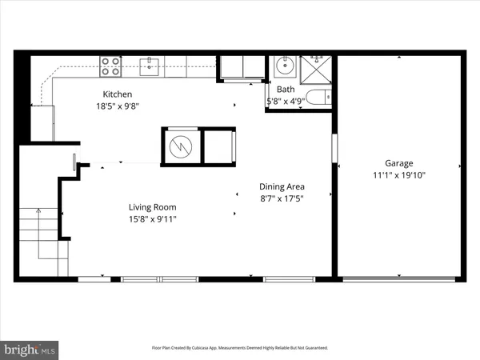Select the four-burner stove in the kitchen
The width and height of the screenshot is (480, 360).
[110, 67]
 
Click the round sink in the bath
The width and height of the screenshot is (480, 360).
[283, 66]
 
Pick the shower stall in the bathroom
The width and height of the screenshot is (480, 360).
[315, 67]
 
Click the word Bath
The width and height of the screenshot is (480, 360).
[286, 90]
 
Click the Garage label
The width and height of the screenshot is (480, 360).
[398, 162]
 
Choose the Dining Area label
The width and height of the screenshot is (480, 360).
[282, 186]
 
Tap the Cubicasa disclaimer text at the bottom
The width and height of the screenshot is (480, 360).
[240, 348]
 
